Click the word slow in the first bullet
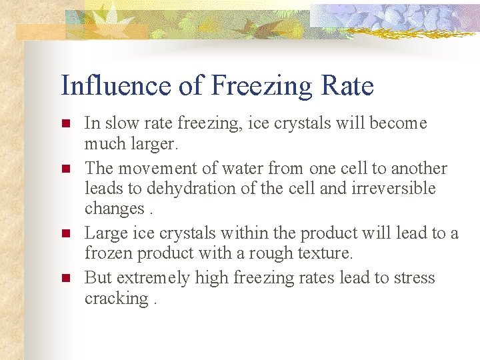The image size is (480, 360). click(119, 123)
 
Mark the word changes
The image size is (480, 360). click(113, 209)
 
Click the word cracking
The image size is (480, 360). click(115, 299)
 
